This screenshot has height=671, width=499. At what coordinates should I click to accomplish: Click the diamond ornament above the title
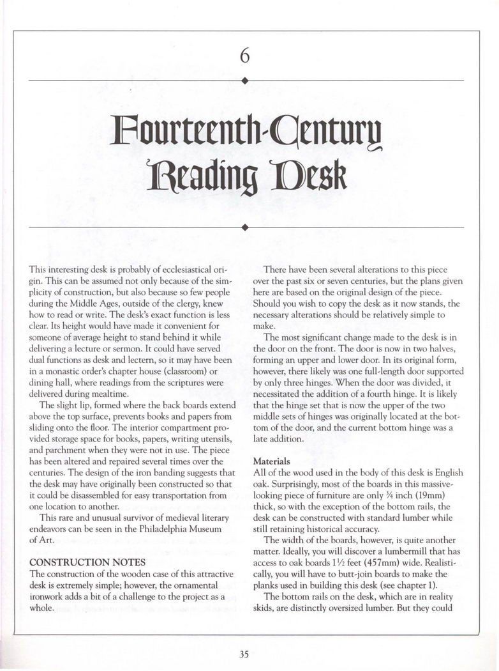pyautogui.click(x=245, y=81)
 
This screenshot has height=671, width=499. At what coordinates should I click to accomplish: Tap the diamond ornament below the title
pyautogui.click(x=245, y=227)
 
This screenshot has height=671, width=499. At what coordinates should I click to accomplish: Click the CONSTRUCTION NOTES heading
pyautogui.click(x=87, y=562)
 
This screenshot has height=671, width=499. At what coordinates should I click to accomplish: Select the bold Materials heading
pyautogui.click(x=271, y=461)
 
